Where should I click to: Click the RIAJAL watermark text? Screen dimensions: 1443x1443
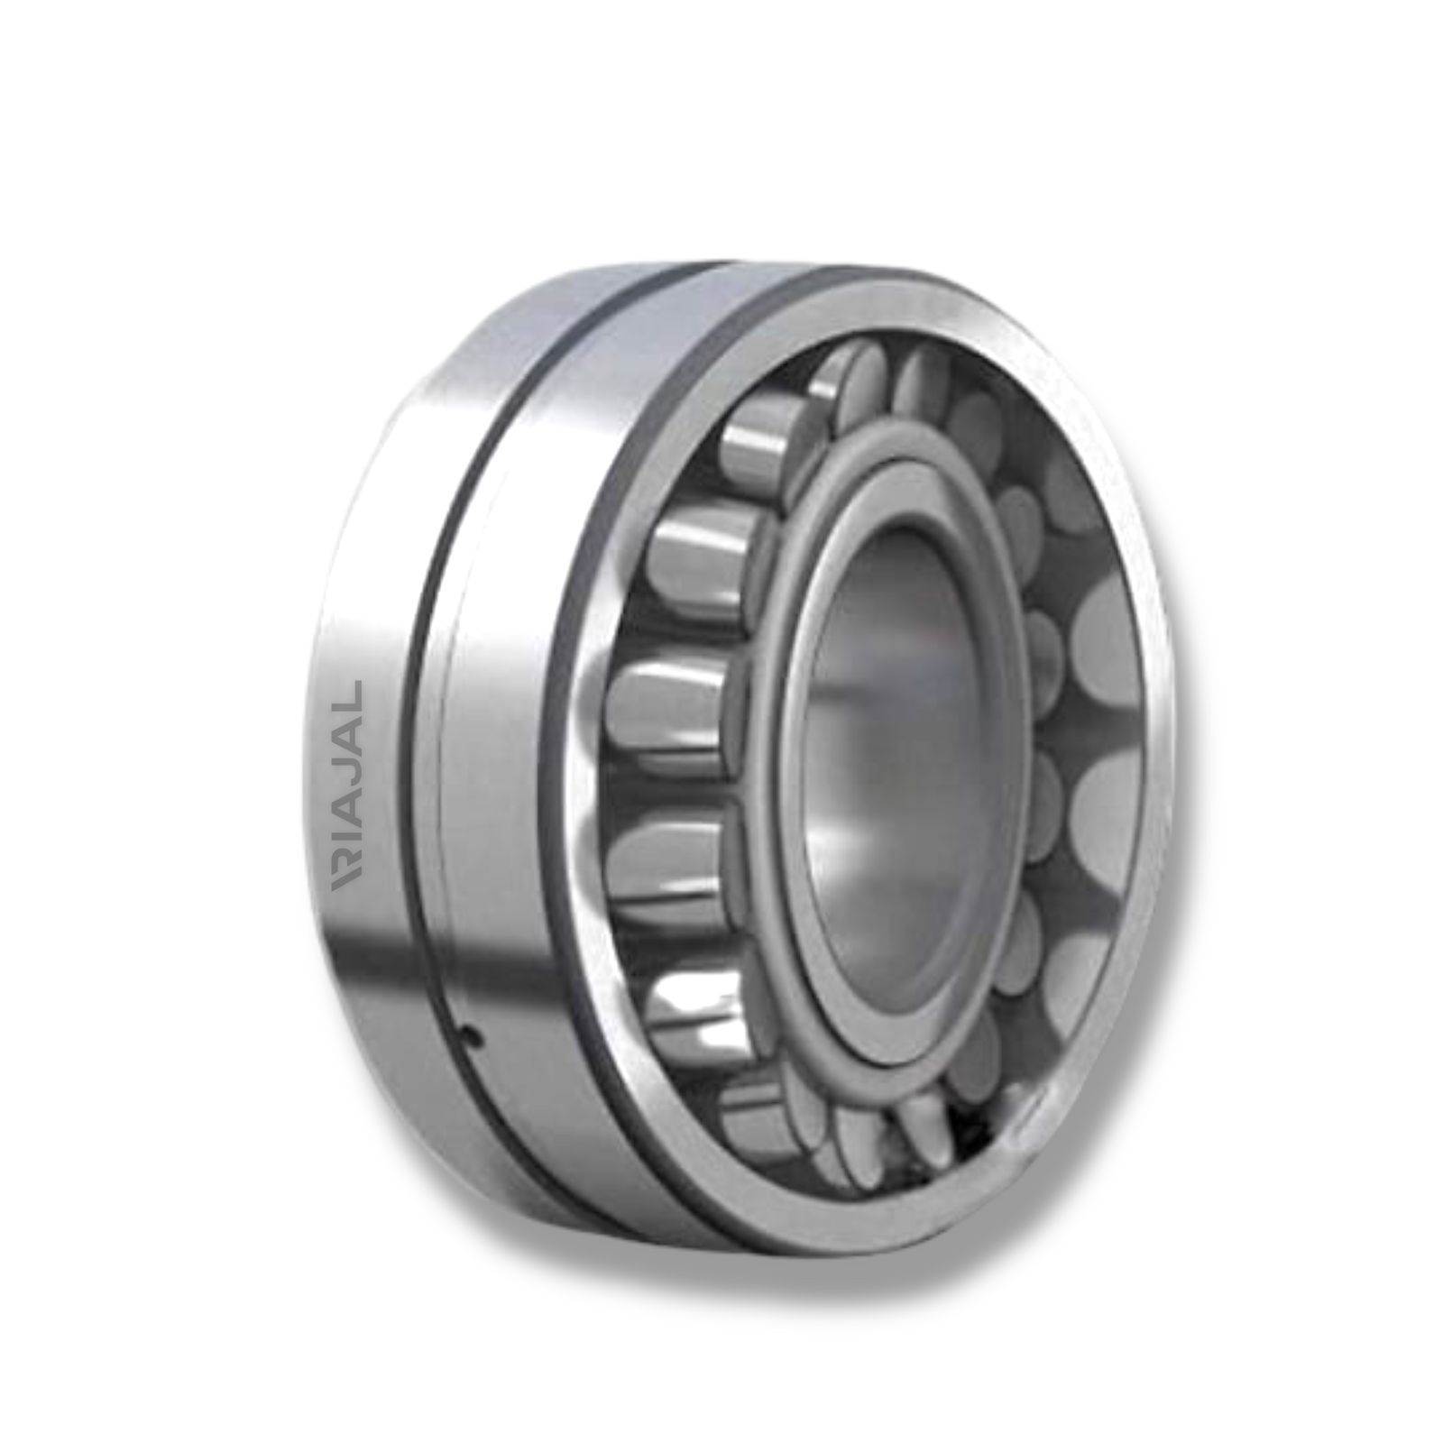pos(347,786)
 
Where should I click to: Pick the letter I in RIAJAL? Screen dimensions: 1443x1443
pos(347,852)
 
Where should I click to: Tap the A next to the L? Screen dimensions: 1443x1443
pos(347,730)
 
